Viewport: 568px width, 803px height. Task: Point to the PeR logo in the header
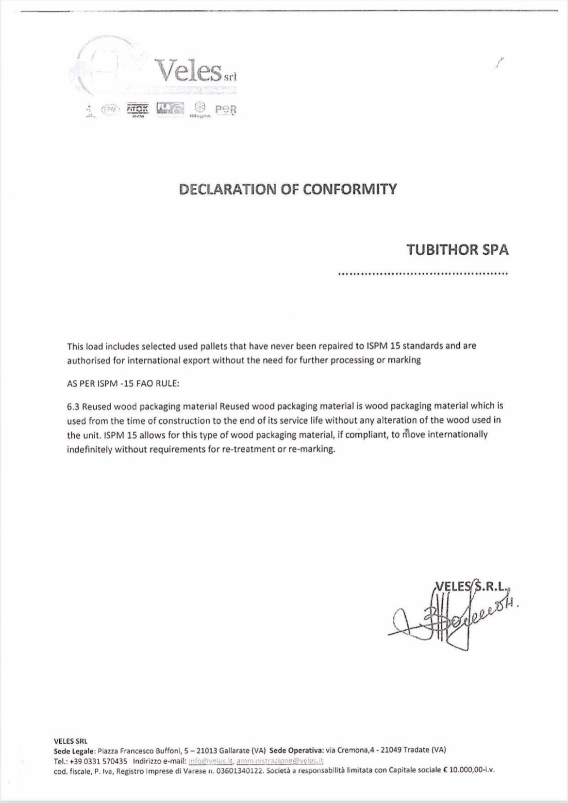[x=226, y=110]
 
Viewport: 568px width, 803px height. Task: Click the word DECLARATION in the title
[x=228, y=189]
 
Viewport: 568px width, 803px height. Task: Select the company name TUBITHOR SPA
[x=457, y=249]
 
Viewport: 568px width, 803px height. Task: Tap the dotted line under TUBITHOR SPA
[x=422, y=274]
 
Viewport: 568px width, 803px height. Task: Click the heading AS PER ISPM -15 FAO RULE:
[x=123, y=383]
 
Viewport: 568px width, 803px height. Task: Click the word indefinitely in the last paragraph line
[x=89, y=449]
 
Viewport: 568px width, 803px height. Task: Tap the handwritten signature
[x=447, y=621]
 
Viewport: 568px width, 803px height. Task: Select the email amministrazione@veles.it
[x=280, y=761]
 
